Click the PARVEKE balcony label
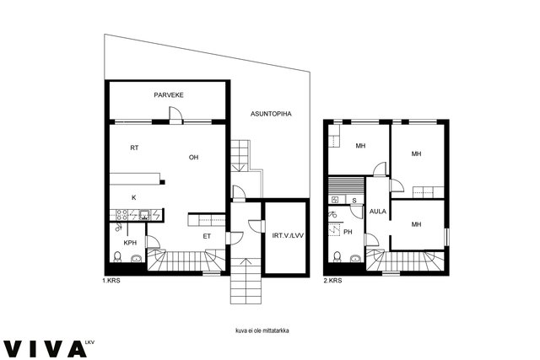click(x=169, y=95)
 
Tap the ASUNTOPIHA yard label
click(x=271, y=114)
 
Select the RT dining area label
click(x=134, y=148)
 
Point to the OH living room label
click(x=193, y=158)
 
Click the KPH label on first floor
click(x=130, y=243)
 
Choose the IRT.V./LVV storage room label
click(x=288, y=236)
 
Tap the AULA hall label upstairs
click(x=378, y=212)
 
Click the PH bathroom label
click(x=348, y=232)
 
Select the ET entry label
click(x=207, y=236)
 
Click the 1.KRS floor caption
click(x=111, y=281)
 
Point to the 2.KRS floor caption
click(x=332, y=281)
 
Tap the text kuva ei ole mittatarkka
click(x=262, y=330)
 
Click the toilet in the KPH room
click(x=117, y=257)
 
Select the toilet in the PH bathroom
click(x=337, y=257)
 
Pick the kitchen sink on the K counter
click(x=144, y=215)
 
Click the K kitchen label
click(x=134, y=197)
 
